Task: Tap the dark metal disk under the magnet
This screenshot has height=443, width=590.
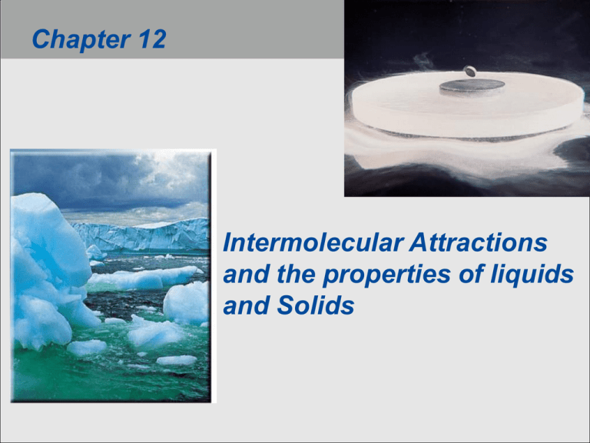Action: click(x=471, y=87)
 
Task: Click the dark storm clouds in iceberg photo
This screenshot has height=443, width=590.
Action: click(x=108, y=181)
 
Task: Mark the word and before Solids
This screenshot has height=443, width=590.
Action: click(x=240, y=307)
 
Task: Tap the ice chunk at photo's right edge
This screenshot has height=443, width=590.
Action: click(x=187, y=301)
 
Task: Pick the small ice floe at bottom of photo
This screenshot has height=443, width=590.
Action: click(x=176, y=359)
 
